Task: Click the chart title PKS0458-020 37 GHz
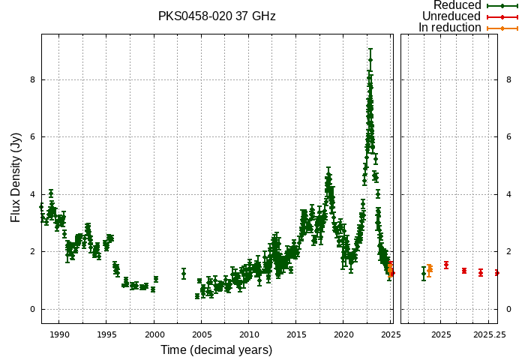[x=217, y=16]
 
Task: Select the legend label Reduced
[x=457, y=5]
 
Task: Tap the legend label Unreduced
[x=451, y=16]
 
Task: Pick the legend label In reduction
[x=450, y=28]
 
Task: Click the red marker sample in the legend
[x=502, y=16]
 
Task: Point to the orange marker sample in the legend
[x=502, y=28]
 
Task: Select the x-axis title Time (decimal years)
[x=216, y=350]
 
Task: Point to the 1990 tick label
[x=59, y=334]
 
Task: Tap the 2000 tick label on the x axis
[x=154, y=334]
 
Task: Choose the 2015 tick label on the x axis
[x=296, y=334]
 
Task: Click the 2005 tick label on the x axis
[x=202, y=334]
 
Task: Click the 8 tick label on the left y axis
[x=33, y=79]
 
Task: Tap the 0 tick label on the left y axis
[x=33, y=309]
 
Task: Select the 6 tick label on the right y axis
[x=508, y=136]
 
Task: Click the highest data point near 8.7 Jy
[x=370, y=60]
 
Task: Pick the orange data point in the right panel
[x=430, y=268]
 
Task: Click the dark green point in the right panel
[x=424, y=274]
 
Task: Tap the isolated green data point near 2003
[x=184, y=274]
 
